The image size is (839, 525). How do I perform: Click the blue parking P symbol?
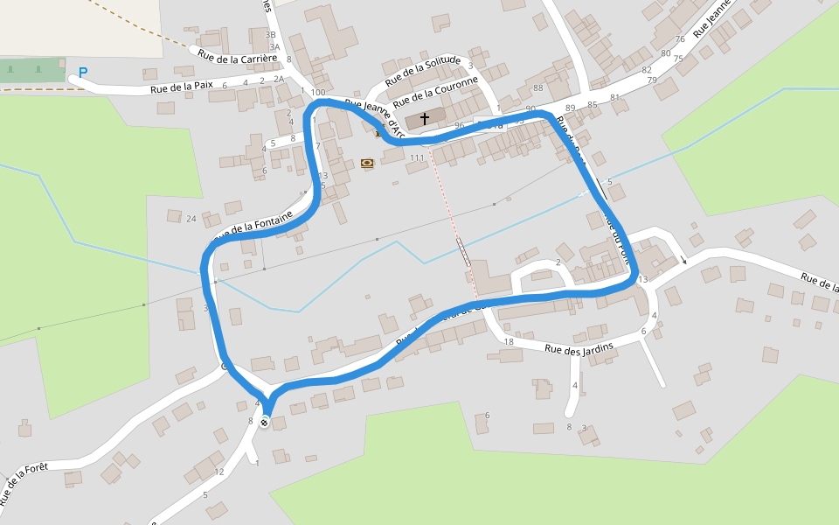83,73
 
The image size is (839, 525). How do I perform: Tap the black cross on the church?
425,118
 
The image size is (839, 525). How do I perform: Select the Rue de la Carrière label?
238,57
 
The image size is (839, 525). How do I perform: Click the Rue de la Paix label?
182,87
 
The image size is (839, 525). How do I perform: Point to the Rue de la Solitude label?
422,69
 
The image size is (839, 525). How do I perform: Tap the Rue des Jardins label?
579,348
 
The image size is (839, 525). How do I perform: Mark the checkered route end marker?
264,423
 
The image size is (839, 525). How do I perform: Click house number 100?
318,93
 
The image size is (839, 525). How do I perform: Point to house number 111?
417,158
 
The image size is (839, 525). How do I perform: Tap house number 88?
537,87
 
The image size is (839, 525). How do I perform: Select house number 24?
191,217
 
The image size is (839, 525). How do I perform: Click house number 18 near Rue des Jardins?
509,342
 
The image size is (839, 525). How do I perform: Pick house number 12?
219,472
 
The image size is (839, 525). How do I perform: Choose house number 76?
680,39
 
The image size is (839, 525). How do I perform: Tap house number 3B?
271,35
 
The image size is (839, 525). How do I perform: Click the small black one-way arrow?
684,260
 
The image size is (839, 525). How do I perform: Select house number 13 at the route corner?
642,280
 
